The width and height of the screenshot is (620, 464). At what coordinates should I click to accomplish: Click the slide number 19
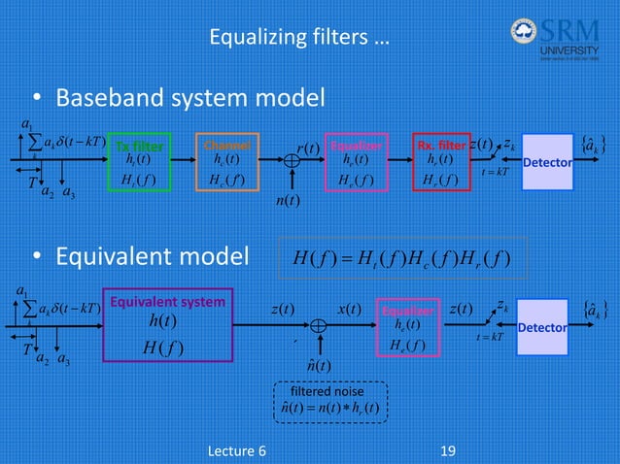pos(448,450)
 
